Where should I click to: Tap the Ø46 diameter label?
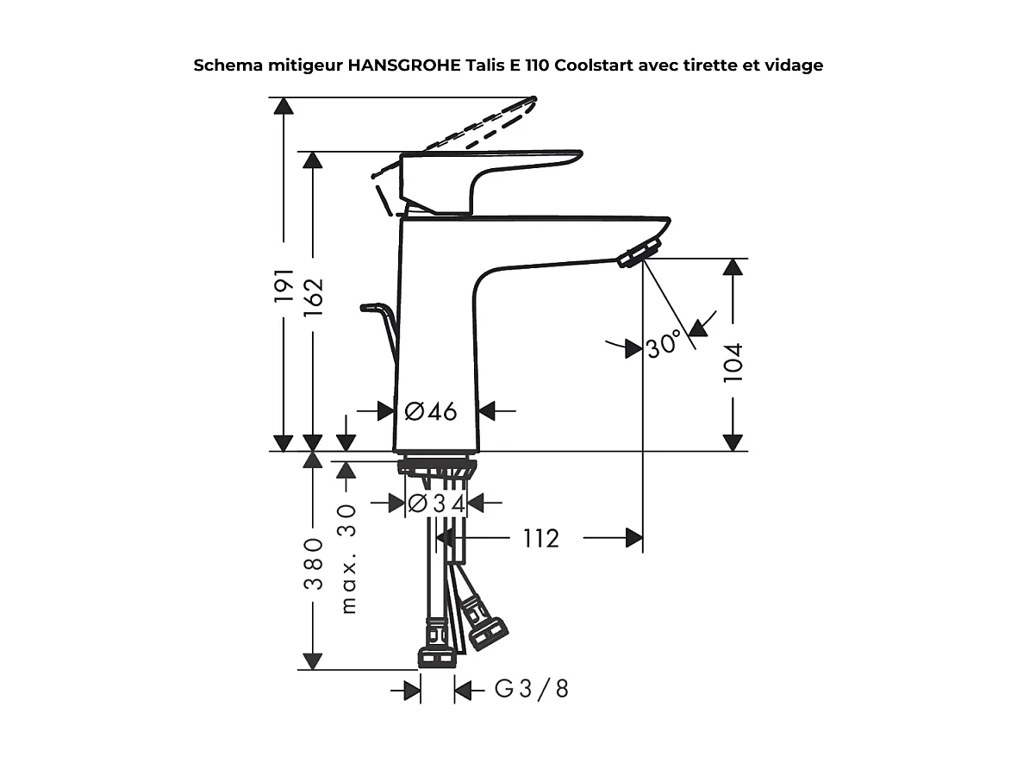[431, 412]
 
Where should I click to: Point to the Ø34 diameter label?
[436, 503]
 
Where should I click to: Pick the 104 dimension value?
[733, 362]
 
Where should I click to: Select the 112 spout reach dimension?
[541, 539]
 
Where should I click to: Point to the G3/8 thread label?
[532, 690]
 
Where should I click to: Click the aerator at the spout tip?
[637, 254]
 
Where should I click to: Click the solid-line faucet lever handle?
[491, 164]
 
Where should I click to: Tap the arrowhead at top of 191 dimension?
[284, 105]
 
